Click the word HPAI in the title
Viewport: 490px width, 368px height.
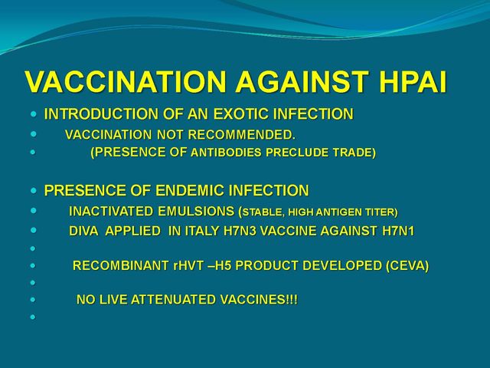413,82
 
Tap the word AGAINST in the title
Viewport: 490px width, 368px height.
302,82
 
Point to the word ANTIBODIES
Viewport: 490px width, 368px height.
226,153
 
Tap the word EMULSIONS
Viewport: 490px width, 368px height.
196,212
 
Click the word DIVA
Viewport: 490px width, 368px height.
83,232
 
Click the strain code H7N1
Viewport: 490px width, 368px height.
398,232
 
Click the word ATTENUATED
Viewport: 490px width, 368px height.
174,300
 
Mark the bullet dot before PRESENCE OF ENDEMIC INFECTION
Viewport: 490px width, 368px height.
34,190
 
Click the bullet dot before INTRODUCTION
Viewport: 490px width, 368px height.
34,114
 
